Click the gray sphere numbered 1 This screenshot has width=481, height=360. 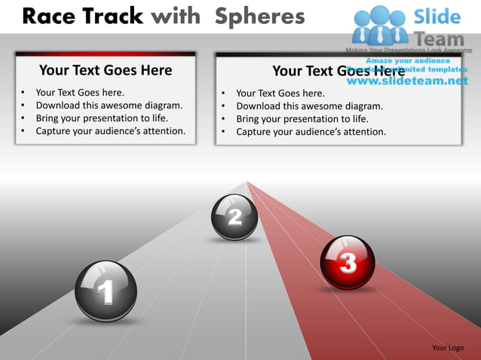pyautogui.click(x=106, y=291)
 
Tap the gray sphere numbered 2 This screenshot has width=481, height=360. pyautogui.click(x=234, y=217)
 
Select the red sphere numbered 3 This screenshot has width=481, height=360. pyautogui.click(x=348, y=263)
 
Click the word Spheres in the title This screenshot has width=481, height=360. pyautogui.click(x=259, y=16)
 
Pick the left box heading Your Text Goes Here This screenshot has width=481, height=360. pyautogui.click(x=106, y=71)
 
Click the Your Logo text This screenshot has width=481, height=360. pyautogui.click(x=448, y=347)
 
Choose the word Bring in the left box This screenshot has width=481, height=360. pyautogui.click(x=49, y=118)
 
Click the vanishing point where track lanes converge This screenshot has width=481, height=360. pyautogui.click(x=247, y=182)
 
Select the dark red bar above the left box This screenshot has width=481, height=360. pyautogui.click(x=106, y=53)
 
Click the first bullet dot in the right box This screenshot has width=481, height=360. pyautogui.click(x=224, y=94)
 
